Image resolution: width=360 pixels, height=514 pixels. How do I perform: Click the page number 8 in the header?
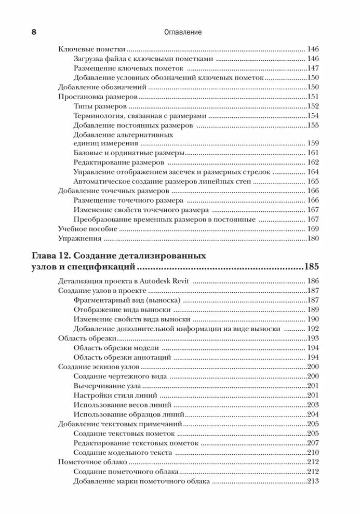34,32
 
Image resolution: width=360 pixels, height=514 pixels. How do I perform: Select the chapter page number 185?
312,267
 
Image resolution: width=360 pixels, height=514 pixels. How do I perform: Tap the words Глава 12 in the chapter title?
53,255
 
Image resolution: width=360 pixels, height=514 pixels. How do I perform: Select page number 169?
312,228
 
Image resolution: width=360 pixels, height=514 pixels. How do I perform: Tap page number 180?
312,239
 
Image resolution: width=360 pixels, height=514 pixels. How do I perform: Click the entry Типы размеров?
98,106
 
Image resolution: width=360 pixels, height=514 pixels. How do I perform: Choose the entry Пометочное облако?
92,462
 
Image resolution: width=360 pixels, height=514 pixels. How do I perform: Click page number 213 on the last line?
312,481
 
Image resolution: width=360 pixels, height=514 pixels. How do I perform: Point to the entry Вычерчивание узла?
107,385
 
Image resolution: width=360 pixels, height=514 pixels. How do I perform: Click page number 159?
312,143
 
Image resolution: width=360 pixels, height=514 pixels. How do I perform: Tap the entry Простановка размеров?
97,97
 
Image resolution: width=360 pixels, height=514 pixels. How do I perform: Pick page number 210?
312,452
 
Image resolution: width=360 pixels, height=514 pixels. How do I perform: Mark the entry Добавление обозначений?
102,87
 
